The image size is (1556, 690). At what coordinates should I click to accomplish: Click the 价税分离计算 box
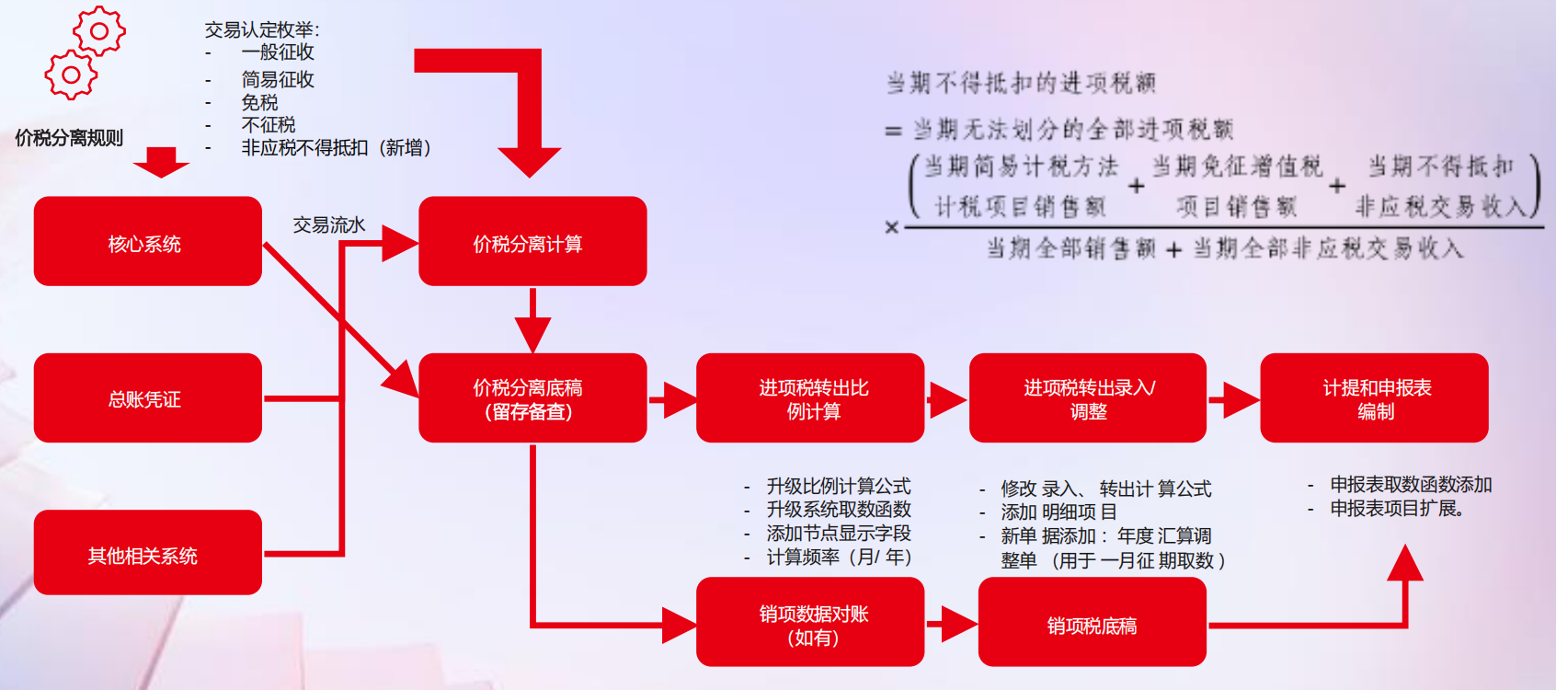[x=532, y=242]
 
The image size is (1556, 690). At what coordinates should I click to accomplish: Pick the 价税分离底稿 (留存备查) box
[x=532, y=398]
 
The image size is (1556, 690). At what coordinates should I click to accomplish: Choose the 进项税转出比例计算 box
[x=810, y=398]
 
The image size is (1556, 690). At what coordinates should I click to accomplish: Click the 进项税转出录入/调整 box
[x=1087, y=398]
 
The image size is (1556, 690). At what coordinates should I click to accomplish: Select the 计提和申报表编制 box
[x=1374, y=398]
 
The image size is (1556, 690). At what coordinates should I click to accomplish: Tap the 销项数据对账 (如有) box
[x=810, y=623]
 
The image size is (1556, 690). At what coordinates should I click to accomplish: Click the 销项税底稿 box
[x=1092, y=623]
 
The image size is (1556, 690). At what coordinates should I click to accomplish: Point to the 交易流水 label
[x=328, y=224]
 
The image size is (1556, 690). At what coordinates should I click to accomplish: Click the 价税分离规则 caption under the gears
[x=69, y=138]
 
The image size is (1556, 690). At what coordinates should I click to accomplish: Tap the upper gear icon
[x=99, y=31]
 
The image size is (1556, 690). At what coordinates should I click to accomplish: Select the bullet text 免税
[x=259, y=102]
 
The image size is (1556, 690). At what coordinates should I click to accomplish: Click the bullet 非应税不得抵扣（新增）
[x=336, y=147]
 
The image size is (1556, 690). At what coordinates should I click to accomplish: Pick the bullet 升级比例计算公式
[x=838, y=486]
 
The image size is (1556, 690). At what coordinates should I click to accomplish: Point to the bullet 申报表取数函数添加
[x=1410, y=485]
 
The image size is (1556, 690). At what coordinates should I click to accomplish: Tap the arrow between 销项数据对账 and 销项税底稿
[x=951, y=624]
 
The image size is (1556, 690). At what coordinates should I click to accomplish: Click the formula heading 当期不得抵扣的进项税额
[x=1020, y=84]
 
